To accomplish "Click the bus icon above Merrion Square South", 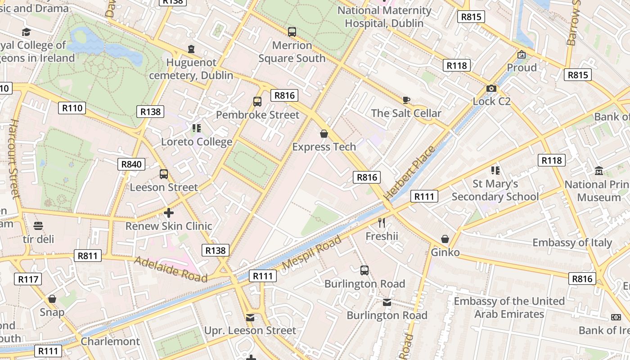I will pos(292,32).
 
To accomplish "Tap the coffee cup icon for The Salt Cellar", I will pos(406,100).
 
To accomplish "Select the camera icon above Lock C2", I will pos(491,88).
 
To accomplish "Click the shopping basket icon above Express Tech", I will pos(324,134).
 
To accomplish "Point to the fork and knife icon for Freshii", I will pos(382,222).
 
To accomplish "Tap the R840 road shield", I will pos(132,164).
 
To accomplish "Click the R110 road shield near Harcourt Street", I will pos(72,108).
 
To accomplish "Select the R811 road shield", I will pos(88,256).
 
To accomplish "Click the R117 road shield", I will pos(28,279).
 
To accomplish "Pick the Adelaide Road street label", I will pos(171,269).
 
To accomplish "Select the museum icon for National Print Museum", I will pos(599,171).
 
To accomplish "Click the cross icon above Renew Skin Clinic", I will pos(169,212).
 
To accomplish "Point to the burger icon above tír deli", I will pos(38,225).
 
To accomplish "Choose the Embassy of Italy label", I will pos(572,243).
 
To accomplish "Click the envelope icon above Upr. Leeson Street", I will pos(250,318).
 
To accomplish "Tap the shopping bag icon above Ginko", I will pos(445,239).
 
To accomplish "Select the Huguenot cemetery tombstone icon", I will pos(191,49).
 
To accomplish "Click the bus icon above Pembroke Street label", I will pos(257,102).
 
